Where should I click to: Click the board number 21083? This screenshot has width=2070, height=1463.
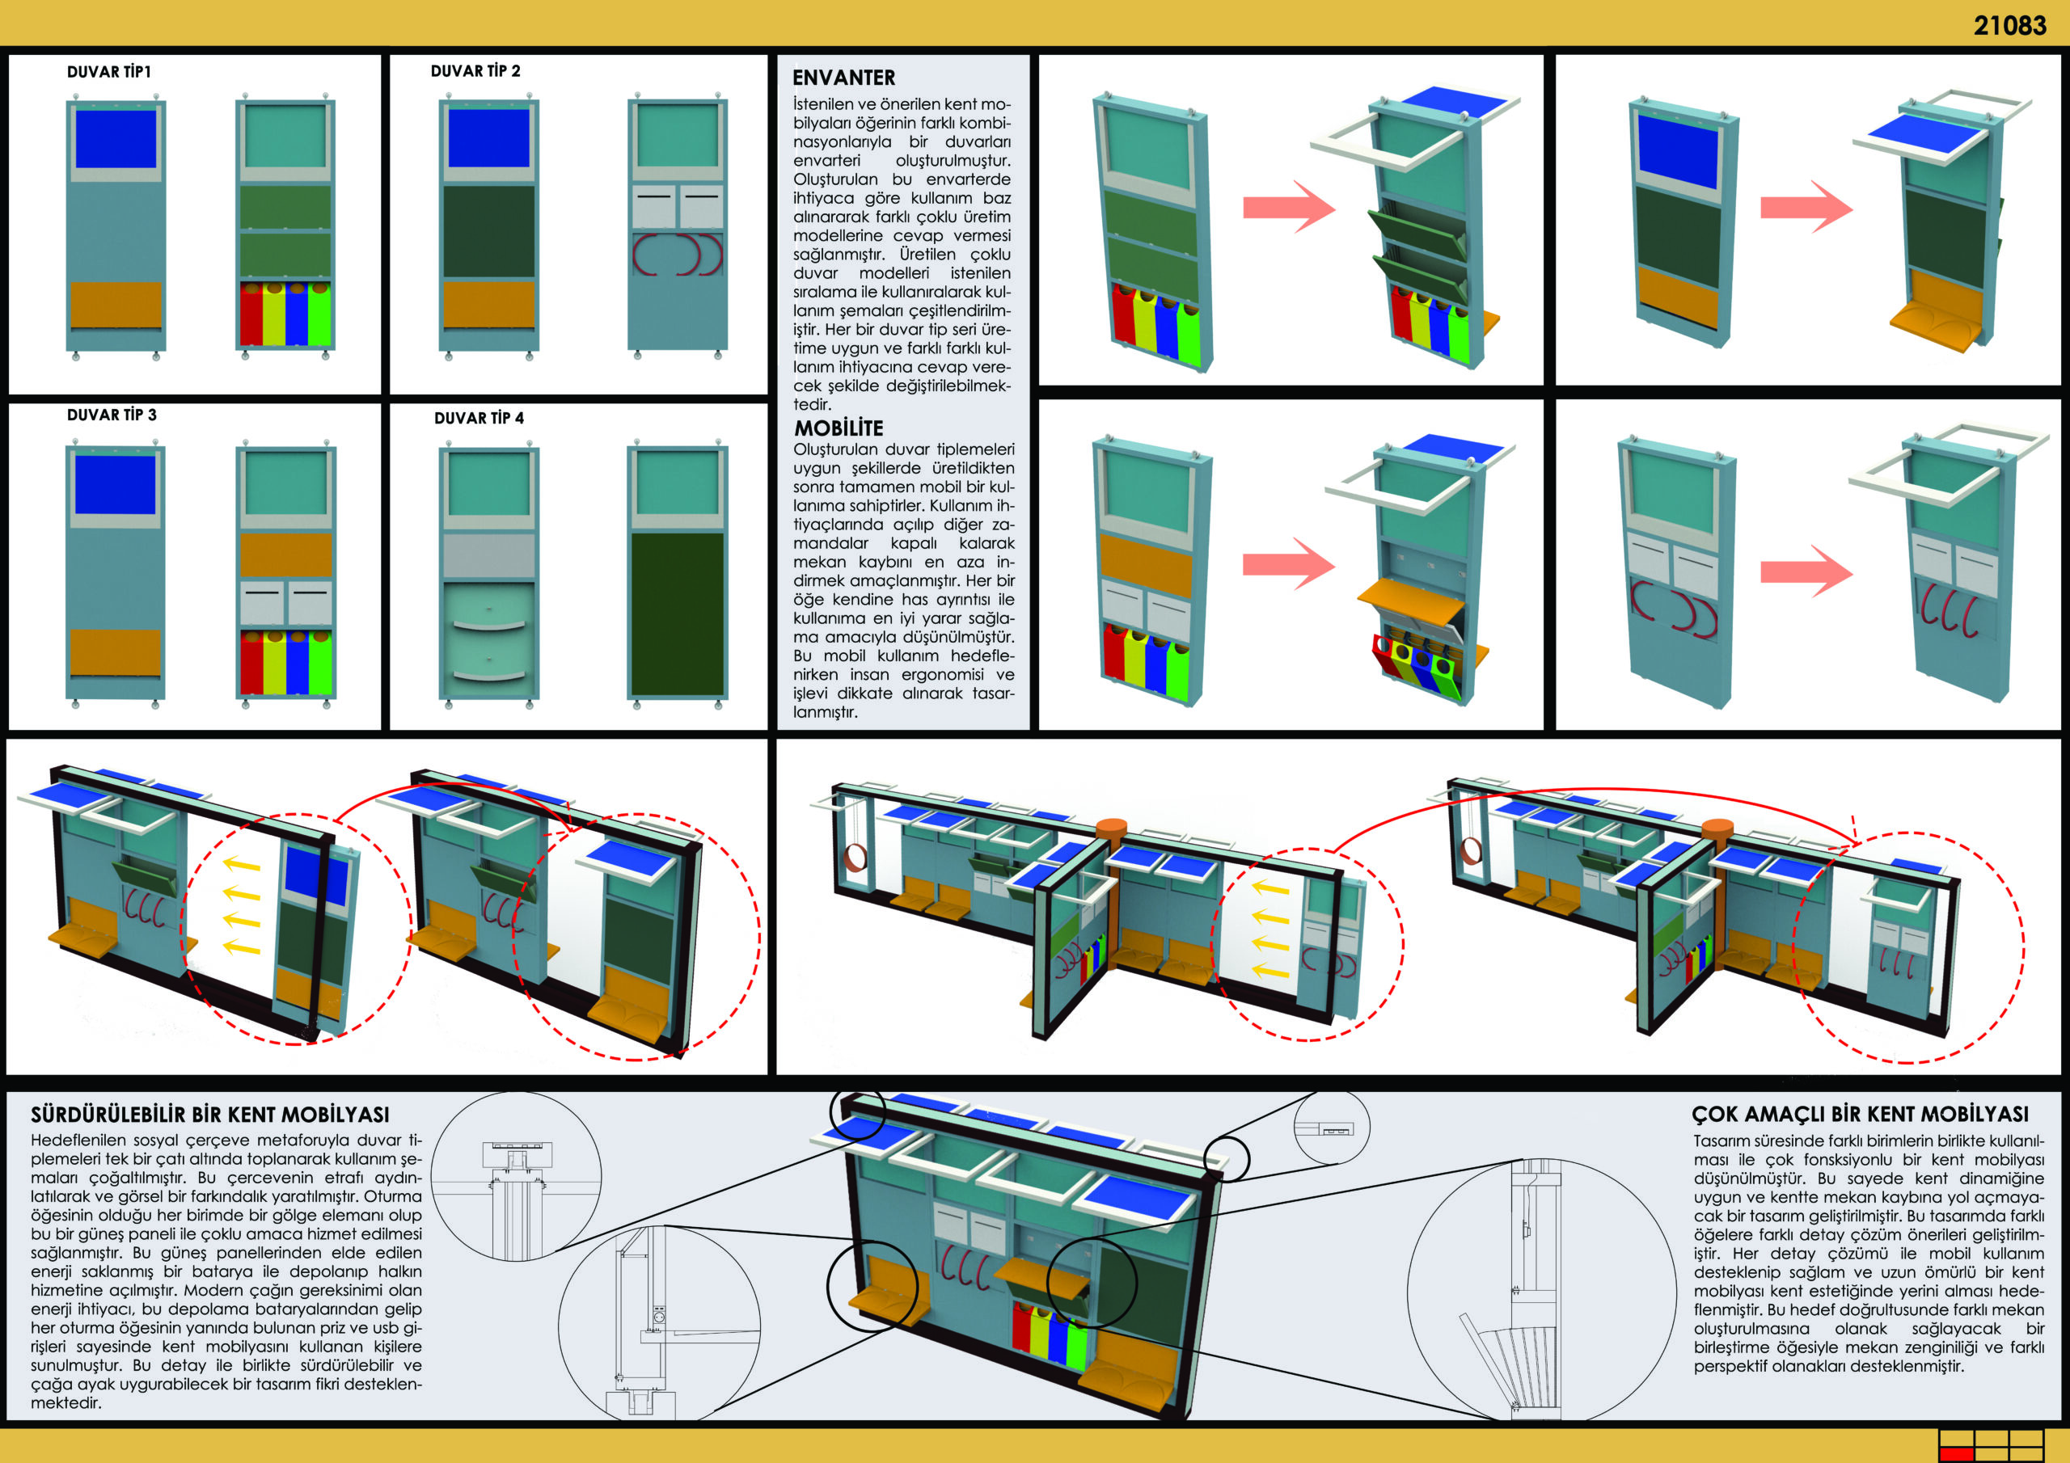[2009, 25]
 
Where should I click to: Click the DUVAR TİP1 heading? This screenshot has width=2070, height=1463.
[108, 72]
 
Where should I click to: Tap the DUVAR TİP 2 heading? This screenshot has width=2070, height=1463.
[475, 71]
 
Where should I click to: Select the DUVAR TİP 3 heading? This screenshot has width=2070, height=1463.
[112, 415]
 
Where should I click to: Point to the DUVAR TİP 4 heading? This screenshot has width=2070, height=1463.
[479, 418]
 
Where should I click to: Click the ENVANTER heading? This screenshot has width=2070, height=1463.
[844, 78]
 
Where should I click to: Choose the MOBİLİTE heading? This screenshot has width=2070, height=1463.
[839, 428]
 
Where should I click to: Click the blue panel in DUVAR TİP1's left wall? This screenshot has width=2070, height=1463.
[116, 139]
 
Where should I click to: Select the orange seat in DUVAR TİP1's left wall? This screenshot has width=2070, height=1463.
[116, 305]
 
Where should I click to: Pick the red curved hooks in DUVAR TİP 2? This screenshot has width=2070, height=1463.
[677, 254]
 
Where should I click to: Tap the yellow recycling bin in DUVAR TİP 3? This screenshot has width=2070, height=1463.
[274, 663]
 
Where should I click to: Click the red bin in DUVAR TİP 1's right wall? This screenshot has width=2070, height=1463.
[251, 314]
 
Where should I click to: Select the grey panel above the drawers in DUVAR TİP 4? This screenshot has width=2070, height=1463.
[488, 555]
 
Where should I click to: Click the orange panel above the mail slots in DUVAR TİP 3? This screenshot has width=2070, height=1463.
[285, 555]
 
